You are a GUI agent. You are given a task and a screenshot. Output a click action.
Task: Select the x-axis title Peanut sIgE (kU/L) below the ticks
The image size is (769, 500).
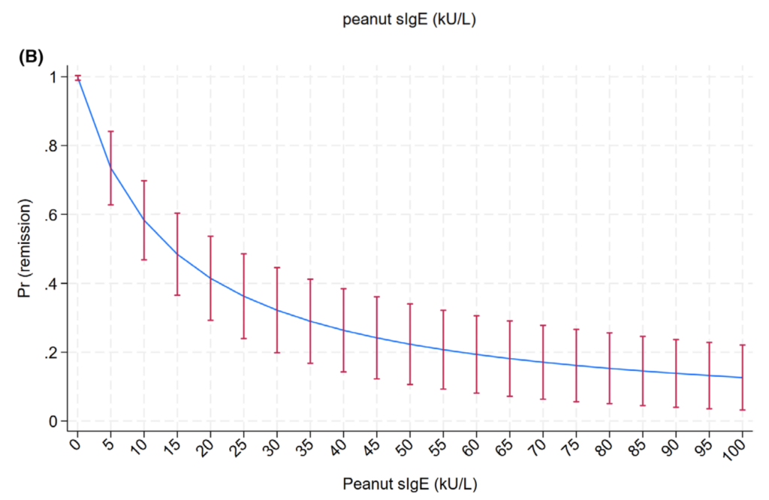[409, 480]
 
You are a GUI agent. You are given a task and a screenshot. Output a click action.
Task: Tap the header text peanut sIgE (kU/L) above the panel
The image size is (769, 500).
[409, 20]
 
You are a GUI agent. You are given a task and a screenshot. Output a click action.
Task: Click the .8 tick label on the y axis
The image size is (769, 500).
[51, 146]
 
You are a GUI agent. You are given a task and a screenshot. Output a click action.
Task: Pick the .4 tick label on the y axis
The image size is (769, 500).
[51, 284]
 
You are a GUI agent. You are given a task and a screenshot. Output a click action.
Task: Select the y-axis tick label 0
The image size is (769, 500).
[54, 422]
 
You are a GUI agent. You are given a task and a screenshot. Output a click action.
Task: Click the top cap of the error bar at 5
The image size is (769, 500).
[111, 131]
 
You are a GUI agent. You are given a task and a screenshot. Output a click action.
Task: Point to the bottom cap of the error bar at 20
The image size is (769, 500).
[210, 321]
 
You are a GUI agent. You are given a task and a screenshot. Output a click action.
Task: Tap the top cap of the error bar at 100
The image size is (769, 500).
[743, 345]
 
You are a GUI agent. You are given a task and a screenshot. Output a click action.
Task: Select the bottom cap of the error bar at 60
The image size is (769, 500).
[477, 393]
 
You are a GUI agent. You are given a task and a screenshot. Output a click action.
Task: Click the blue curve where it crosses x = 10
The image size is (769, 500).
[144, 220]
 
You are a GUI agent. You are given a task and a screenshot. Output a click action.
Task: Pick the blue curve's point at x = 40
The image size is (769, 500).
[344, 330]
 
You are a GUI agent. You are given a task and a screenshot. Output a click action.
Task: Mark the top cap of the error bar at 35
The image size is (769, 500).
[310, 279]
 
